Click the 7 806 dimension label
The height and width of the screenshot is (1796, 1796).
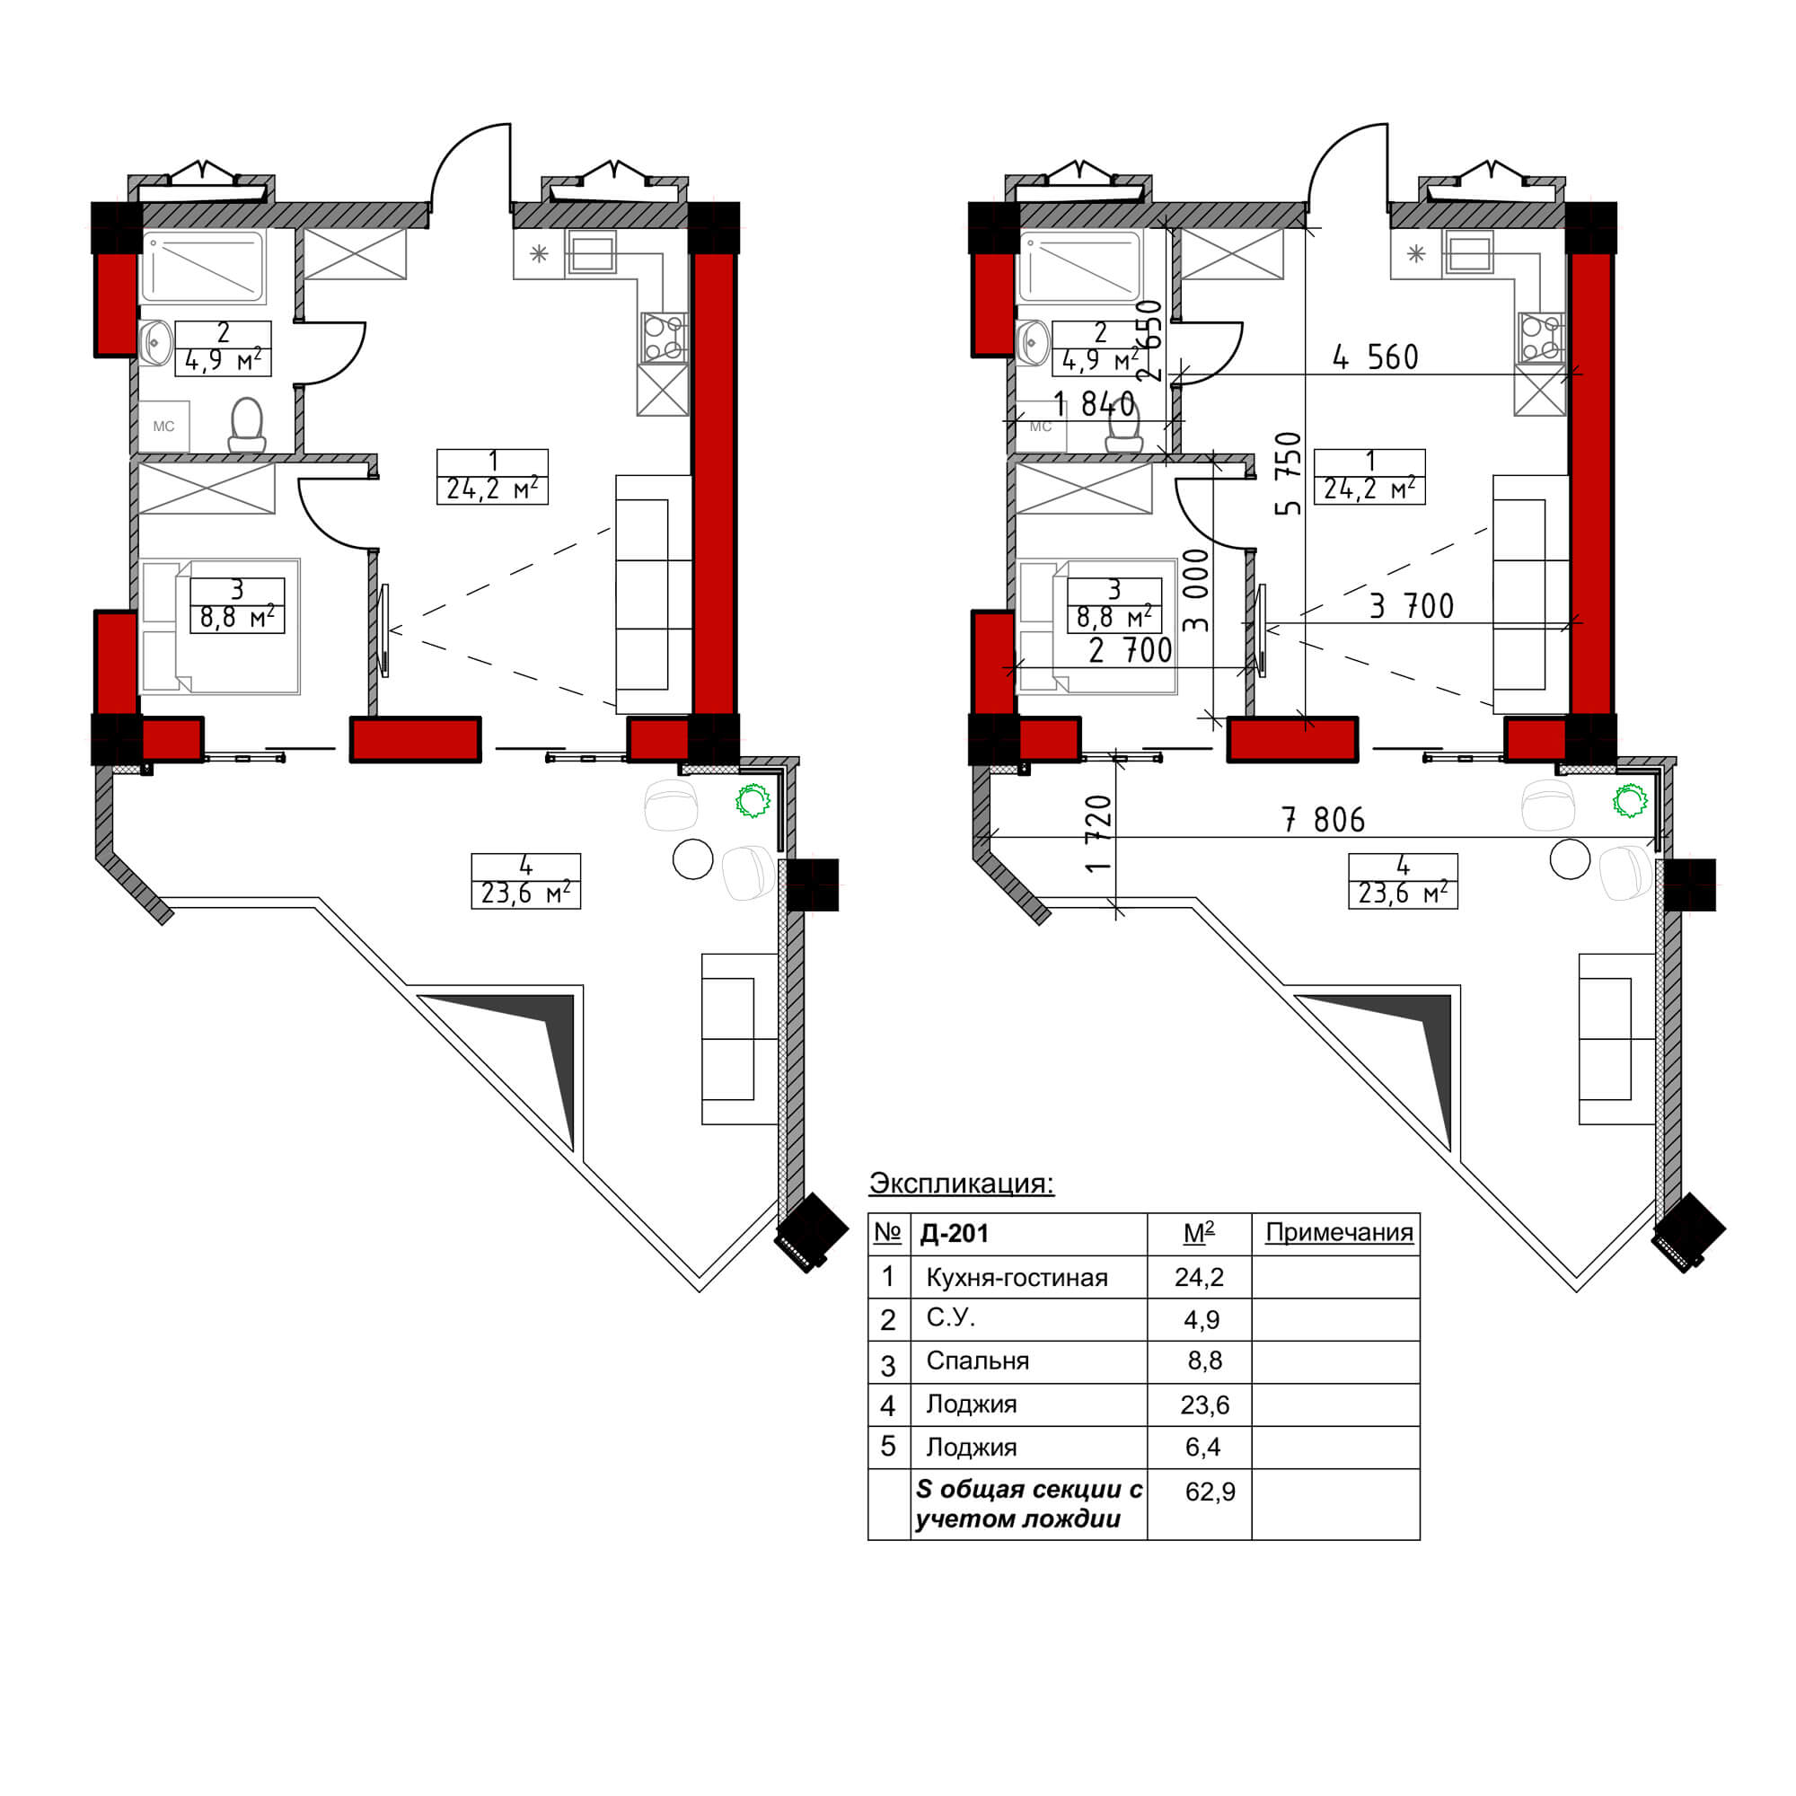tap(1323, 819)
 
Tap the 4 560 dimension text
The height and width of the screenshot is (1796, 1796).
tap(1376, 357)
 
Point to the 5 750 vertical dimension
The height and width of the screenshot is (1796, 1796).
tap(1289, 473)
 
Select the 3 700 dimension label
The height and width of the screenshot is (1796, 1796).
tap(1411, 606)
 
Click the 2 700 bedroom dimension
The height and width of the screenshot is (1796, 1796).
tap(1131, 651)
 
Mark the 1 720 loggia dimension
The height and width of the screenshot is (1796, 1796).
tap(1098, 833)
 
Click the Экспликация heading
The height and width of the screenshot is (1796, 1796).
tap(961, 1183)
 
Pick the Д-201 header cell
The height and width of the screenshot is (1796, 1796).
tap(954, 1233)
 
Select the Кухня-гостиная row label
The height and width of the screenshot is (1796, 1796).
tap(1017, 1277)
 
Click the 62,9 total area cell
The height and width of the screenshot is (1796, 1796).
tap(1211, 1491)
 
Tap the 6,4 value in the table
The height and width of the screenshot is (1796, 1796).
tap(1203, 1447)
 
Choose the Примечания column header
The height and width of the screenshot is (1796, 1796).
tap(1340, 1233)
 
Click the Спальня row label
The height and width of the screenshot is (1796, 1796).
tap(977, 1361)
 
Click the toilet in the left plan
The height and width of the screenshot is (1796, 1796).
tap(247, 426)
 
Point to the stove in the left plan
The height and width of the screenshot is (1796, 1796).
tap(663, 338)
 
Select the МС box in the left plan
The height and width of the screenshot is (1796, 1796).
tap(163, 427)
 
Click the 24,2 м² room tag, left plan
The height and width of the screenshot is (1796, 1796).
tap(493, 476)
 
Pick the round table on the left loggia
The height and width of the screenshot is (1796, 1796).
tap(692, 859)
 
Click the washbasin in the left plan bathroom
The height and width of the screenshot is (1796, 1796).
tap(155, 342)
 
